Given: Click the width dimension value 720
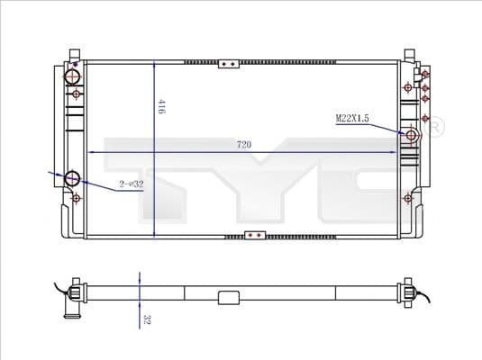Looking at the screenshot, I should point(243,143).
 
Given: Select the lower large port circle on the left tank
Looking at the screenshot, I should point(74,177).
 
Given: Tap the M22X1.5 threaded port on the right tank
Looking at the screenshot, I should point(413,136).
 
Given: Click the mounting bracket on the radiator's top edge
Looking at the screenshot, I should point(231,64).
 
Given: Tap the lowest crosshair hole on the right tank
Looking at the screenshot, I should point(410,200).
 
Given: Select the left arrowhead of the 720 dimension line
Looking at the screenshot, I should point(90,151).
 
